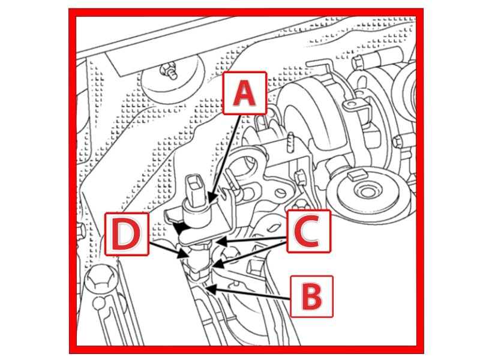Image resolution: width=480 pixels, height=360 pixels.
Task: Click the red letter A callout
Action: tap(245, 93)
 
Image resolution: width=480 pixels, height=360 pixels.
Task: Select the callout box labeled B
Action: tap(311, 296)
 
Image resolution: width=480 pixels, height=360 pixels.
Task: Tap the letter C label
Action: tap(308, 231)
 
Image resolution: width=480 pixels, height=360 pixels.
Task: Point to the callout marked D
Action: tap(127, 234)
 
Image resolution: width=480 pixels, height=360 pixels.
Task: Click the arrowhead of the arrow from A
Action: tap(211, 198)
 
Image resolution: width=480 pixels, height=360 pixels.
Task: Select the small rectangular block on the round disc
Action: tap(357, 174)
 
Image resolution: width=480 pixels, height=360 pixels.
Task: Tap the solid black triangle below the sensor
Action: tap(180, 229)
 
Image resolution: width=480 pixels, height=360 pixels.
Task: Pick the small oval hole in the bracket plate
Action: tap(280, 193)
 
